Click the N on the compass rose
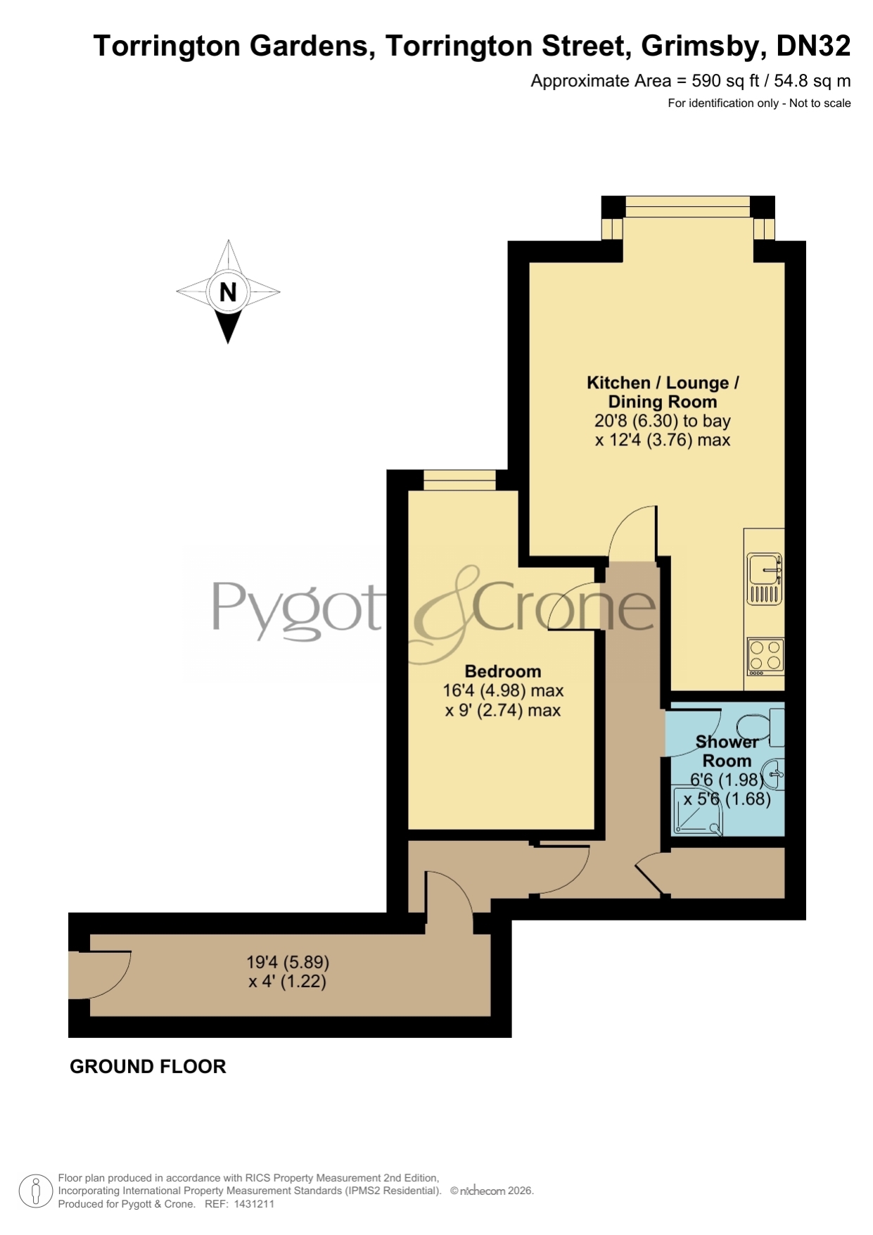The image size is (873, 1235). tap(228, 291)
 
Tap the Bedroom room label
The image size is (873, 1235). tap(503, 671)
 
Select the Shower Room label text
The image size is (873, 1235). tap(727, 751)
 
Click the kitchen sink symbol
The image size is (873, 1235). tap(765, 578)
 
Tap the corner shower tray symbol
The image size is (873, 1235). tap(698, 811)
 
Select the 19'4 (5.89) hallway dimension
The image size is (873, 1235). tap(288, 961)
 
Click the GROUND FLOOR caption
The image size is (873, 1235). tap(148, 1067)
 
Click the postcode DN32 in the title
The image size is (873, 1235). tap(813, 46)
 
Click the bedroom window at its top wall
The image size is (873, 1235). tap(460, 480)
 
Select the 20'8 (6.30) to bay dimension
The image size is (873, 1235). tap(663, 421)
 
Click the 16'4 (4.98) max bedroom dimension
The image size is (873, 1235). tap(503, 691)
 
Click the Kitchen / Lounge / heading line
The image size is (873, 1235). tap(663, 383)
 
